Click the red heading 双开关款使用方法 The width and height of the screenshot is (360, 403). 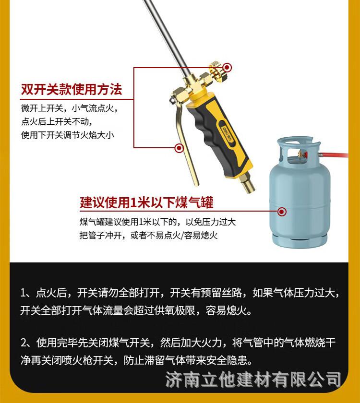72,89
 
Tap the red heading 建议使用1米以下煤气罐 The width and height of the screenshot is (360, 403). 146,202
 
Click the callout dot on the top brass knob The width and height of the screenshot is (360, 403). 227,68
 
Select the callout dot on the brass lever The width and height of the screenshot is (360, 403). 179,148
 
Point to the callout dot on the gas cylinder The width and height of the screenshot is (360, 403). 282,212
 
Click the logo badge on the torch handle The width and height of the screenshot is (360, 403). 227,134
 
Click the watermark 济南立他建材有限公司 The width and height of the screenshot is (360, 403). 253,380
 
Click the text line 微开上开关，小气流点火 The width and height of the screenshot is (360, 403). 70,108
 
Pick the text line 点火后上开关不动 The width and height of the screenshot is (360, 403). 57,121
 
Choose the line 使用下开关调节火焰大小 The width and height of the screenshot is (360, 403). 68,135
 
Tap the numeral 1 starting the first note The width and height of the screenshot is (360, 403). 24,293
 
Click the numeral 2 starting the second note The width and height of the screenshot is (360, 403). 24,343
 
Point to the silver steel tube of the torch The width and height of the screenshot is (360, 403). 167,36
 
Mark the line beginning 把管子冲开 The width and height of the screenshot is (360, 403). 149,235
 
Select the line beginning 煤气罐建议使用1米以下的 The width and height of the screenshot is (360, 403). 157,222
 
